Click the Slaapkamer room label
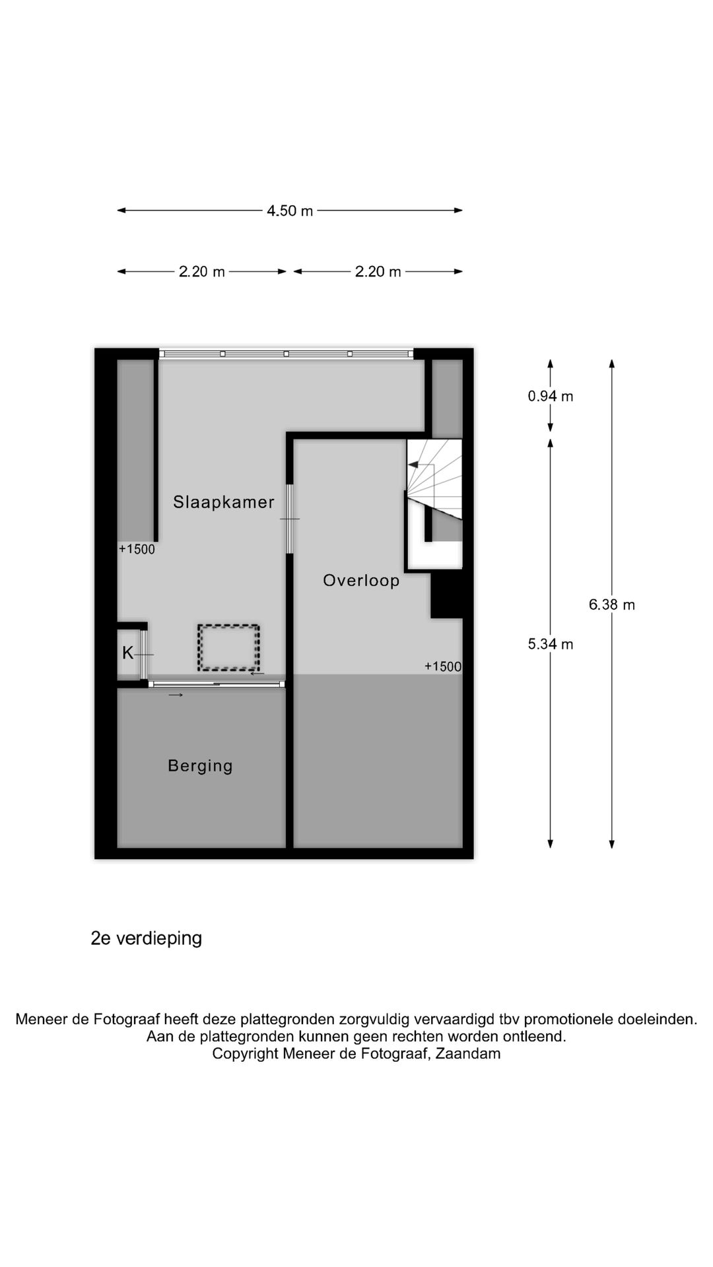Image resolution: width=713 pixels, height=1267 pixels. (223, 502)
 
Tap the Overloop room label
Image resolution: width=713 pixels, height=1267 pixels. (361, 581)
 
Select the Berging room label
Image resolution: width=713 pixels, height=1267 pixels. (200, 765)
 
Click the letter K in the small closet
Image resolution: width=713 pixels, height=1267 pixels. (127, 653)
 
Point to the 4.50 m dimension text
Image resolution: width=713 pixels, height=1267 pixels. (290, 211)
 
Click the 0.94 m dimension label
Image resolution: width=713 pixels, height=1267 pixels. (550, 396)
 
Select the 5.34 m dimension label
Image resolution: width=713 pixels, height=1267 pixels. (550, 644)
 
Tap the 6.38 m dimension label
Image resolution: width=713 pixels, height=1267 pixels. (611, 604)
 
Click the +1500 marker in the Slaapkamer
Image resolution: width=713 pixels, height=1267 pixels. (137, 549)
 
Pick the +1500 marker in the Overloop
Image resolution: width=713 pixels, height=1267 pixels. (442, 666)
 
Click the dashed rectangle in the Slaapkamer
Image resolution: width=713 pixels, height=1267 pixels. (228, 647)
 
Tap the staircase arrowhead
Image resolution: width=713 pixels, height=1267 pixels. (413, 465)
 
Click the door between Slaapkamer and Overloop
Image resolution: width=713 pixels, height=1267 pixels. (289, 519)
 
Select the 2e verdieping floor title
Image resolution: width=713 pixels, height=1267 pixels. (146, 938)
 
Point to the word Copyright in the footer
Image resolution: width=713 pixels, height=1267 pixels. (245, 1054)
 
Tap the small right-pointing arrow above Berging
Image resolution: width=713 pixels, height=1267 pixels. (176, 695)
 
